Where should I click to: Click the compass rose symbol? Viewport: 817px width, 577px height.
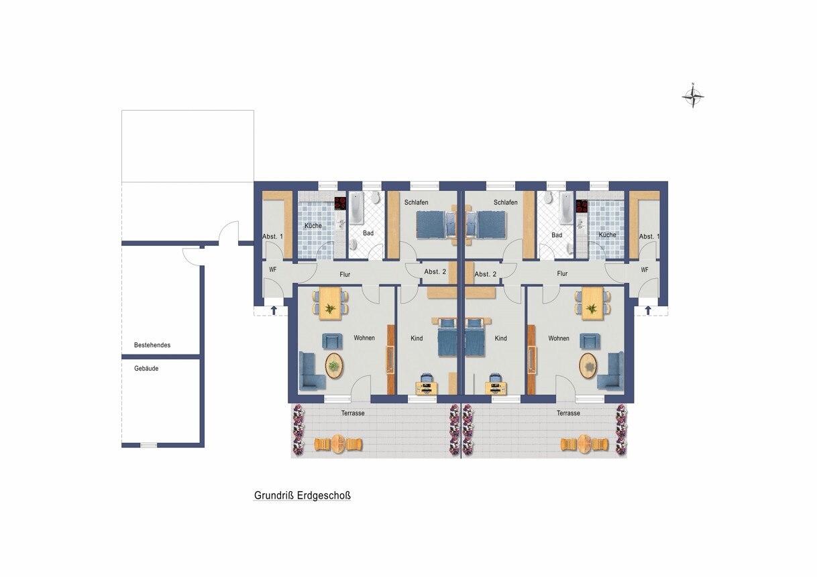tap(693, 97)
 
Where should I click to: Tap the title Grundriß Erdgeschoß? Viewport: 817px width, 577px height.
tap(302, 496)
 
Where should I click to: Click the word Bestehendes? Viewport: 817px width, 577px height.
tap(152, 345)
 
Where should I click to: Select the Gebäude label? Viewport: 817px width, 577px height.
tap(146, 369)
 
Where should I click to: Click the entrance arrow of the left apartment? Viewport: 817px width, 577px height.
tap(274, 310)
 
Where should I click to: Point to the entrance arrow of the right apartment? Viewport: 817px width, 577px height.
tap(648, 310)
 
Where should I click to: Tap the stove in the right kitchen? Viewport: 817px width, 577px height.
tap(582, 206)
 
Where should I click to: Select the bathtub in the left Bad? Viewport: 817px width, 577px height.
tap(356, 208)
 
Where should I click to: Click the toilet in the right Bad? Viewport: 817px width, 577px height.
tap(547, 197)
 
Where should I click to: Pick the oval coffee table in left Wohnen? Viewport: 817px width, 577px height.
tap(334, 366)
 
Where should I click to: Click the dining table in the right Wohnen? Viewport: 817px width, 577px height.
tap(592, 304)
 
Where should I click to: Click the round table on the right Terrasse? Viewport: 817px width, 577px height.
tap(584, 444)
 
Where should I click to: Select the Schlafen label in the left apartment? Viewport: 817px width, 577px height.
tap(416, 202)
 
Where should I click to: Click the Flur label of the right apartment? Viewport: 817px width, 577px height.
tap(562, 273)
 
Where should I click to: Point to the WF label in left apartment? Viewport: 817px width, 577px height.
tap(272, 269)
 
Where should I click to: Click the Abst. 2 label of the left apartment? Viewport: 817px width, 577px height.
tap(435, 271)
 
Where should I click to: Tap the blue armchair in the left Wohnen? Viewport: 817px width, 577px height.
tap(332, 341)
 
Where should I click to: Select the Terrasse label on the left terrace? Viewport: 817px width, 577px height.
tap(353, 413)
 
